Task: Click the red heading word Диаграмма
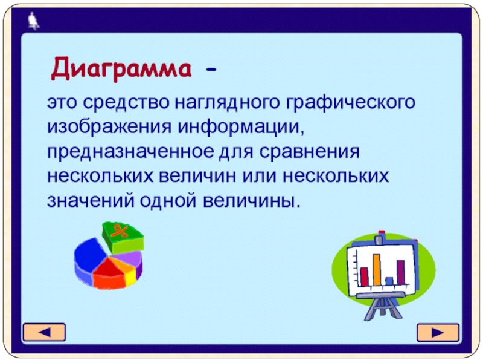point(121,69)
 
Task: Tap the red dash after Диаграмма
point(211,70)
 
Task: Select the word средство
point(126,102)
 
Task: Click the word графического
point(351,103)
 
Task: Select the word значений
point(91,201)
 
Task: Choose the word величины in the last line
point(251,201)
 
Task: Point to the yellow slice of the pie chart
point(131,276)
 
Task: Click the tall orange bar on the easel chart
point(377,269)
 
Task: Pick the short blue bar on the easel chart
point(389,281)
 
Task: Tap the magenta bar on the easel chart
point(401,272)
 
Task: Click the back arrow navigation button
point(44,332)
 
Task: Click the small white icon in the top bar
point(33,21)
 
